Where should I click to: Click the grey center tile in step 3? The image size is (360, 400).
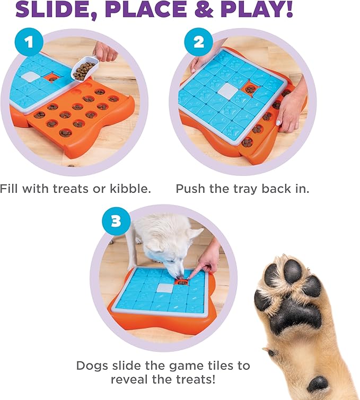click(165, 288)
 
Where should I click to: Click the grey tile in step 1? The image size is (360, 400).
click(31, 77)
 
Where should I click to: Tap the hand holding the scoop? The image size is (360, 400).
click(106, 51)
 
